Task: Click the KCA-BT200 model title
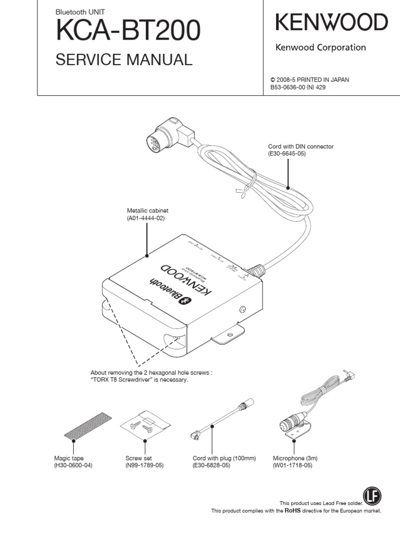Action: pos(127,33)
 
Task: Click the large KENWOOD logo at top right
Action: pos(331,23)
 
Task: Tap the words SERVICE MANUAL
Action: pos(124,60)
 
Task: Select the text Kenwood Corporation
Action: pos(320,48)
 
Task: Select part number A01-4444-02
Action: pos(146,218)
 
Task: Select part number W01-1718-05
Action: pos(293,465)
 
